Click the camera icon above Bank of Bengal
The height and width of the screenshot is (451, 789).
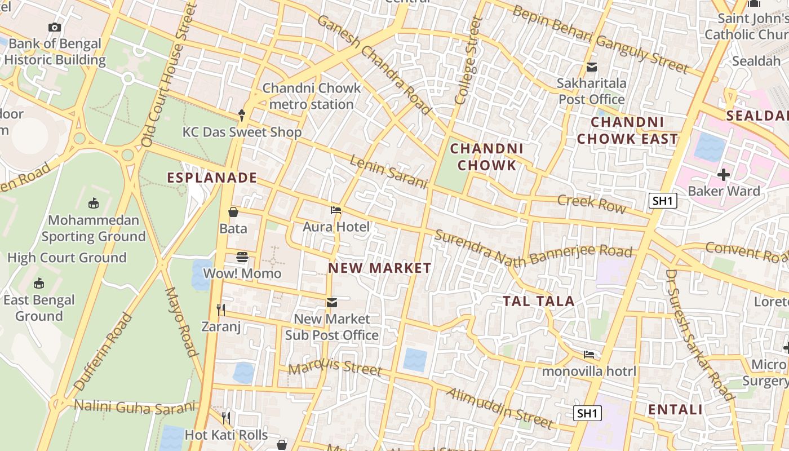click(55, 27)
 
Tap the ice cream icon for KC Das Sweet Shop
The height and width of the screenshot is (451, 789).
click(242, 115)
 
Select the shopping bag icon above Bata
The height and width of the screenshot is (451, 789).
click(233, 212)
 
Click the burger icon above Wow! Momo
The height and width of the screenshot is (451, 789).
click(242, 257)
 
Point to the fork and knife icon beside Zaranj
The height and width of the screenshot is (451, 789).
click(221, 309)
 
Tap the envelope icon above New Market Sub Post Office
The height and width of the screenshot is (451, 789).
click(332, 303)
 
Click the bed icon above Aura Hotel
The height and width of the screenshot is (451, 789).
click(336, 210)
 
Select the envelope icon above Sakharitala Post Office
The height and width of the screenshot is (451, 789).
click(592, 67)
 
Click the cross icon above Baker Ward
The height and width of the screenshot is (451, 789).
click(724, 175)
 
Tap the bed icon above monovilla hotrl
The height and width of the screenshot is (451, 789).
click(589, 355)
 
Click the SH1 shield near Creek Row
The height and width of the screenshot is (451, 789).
click(662, 201)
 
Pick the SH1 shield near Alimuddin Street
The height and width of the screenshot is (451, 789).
click(587, 413)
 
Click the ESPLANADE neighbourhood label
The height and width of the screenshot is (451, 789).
click(212, 178)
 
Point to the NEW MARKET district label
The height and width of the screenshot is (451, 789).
click(380, 268)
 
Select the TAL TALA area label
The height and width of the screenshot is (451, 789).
click(539, 301)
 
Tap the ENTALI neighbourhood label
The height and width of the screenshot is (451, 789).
click(676, 409)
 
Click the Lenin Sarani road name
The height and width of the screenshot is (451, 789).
click(388, 172)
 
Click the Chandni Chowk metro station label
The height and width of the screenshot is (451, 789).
click(312, 96)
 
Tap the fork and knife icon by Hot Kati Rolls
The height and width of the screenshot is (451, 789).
click(226, 418)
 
